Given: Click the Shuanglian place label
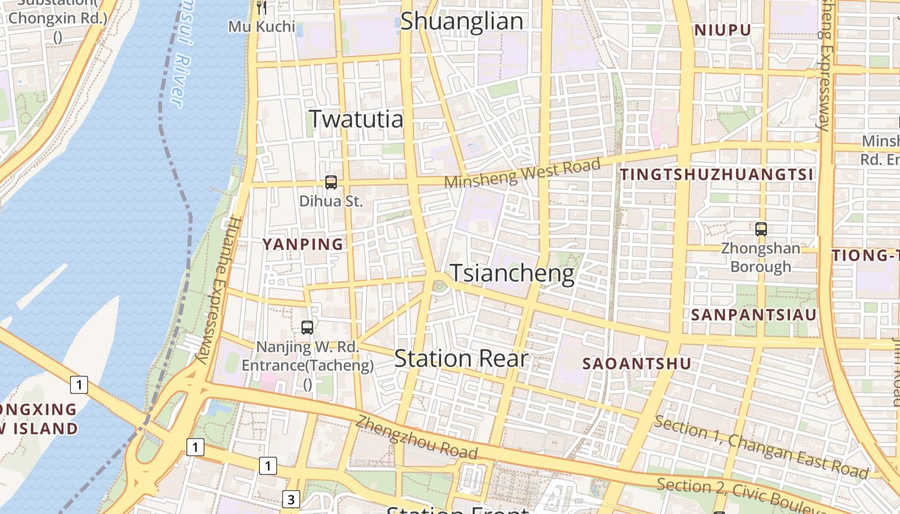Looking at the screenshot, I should (462, 21).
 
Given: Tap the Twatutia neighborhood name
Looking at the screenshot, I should (356, 119).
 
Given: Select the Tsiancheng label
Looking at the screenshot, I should (512, 273).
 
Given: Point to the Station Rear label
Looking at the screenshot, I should (461, 359).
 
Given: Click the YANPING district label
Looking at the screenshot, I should (303, 244).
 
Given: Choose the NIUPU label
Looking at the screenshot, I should (723, 30).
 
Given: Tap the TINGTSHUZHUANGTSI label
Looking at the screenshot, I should (717, 174).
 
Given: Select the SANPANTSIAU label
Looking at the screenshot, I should (753, 314).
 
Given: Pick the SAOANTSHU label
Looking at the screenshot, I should (636, 364).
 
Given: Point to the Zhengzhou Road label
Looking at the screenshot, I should (417, 438).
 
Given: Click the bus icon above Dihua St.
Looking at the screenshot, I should (331, 182).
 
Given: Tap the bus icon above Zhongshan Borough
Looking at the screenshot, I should (760, 229).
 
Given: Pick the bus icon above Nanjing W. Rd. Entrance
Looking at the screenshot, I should (307, 328).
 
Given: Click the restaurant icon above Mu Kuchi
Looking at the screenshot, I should (261, 8).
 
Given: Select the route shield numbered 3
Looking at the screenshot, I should (291, 499).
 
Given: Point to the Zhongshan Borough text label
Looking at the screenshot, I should (760, 257).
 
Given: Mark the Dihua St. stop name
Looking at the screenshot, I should (331, 201).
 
